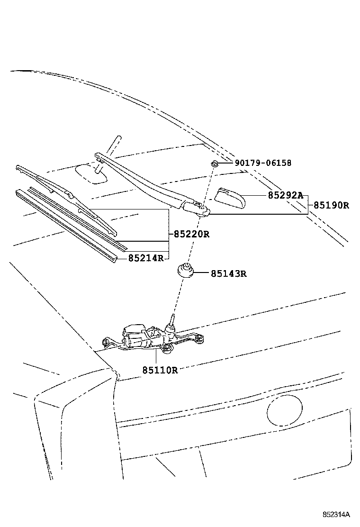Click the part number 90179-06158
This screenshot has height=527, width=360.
tap(262, 164)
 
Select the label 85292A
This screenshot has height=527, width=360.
tap(285, 195)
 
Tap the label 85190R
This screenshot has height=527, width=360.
tap(331, 206)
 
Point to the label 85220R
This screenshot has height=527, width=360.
tap(191, 234)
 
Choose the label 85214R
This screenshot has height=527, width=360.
tap(145, 258)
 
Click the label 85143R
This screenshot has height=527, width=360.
tap(229, 273)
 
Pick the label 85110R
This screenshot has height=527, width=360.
tap(160, 370)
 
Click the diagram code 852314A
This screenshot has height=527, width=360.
tap(336, 514)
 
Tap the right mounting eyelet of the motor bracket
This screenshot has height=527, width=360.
tap(201, 337)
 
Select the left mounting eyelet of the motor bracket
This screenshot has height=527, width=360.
tap(106, 342)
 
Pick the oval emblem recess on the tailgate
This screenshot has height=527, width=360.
tap(285, 411)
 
